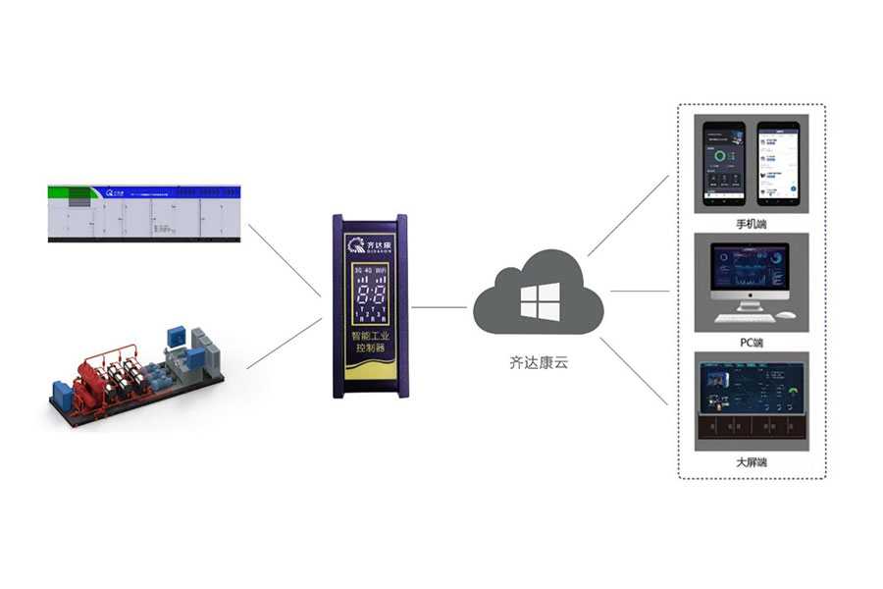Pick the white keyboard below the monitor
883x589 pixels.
click(747, 317)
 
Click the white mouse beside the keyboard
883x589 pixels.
click(788, 316)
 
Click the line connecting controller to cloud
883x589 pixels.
click(439, 306)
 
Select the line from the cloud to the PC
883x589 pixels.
click(639, 292)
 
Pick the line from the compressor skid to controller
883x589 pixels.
click(284, 344)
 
